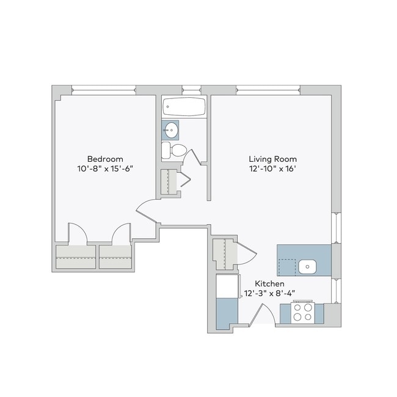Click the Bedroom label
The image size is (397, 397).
coord(105,157)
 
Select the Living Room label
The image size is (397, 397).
coord(273,159)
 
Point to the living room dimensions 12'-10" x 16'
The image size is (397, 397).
coord(273,169)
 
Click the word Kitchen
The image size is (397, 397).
coord(269,284)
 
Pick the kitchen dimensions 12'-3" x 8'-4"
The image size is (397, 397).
coord(269,294)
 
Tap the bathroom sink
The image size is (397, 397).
coord(171,129)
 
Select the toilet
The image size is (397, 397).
coord(176,150)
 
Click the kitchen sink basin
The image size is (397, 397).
coord(308,266)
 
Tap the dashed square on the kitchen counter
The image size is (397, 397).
coord(286,268)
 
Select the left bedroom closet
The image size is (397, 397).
coord(76,256)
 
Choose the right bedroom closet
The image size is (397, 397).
coord(116,256)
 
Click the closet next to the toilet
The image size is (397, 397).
coord(169,182)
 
